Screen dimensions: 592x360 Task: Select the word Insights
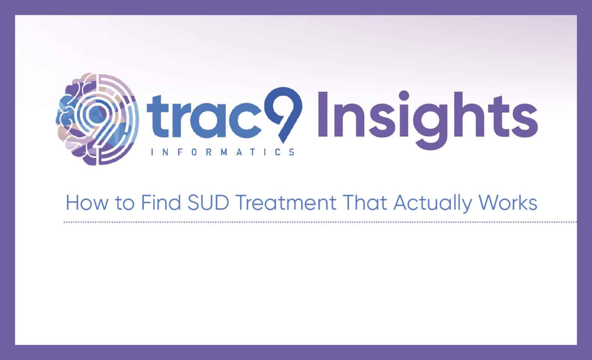[428, 120]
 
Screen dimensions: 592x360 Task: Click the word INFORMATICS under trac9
[223, 152]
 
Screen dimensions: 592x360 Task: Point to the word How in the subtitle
[87, 202]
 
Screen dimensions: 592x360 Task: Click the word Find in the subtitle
[161, 202]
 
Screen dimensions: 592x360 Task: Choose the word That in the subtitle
[365, 202]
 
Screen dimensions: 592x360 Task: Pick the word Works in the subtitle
[508, 202]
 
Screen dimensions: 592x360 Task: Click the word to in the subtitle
[124, 203]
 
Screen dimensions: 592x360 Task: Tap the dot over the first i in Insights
[404, 96]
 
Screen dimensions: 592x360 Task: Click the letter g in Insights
[432, 127]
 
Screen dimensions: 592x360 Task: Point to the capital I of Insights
[323, 114]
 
